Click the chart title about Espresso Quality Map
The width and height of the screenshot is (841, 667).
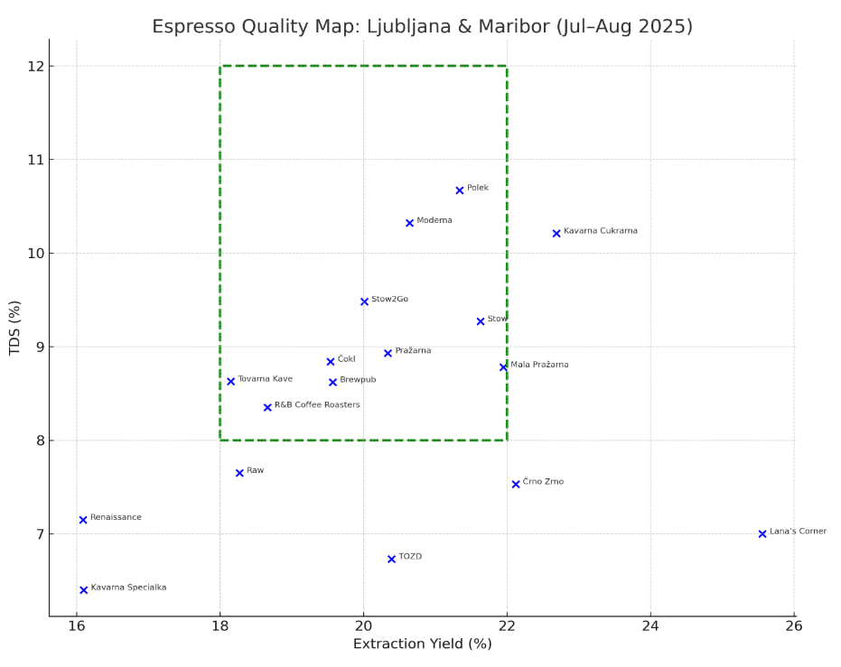422,26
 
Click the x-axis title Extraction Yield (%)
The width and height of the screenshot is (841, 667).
422,644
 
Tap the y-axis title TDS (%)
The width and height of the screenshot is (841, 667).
15,328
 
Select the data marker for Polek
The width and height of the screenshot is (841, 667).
460,190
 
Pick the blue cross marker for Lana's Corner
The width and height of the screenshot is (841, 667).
762,534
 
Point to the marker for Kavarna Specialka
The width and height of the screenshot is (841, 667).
84,590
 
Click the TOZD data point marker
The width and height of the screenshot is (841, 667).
392,560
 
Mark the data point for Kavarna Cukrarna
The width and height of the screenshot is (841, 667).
556,234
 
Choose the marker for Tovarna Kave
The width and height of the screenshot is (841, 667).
231,382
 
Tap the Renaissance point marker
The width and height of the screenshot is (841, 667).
83,520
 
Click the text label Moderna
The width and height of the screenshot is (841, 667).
435,220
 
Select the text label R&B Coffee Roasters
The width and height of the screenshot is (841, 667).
317,405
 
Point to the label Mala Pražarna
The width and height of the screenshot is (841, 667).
539,365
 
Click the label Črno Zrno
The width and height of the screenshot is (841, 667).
543,482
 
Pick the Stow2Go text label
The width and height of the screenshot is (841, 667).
389,299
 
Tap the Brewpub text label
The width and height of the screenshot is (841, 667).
358,380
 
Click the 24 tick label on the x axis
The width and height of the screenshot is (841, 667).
650,625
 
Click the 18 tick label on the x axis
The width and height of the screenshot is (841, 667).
220,625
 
